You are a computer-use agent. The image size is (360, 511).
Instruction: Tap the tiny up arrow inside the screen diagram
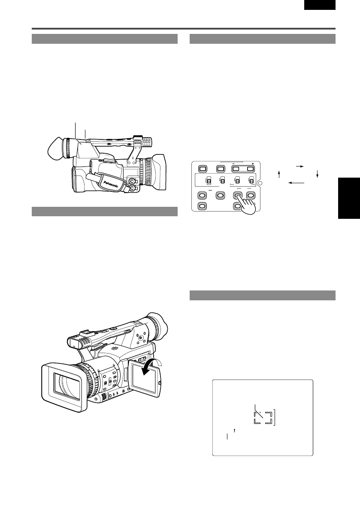click(x=235, y=429)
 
